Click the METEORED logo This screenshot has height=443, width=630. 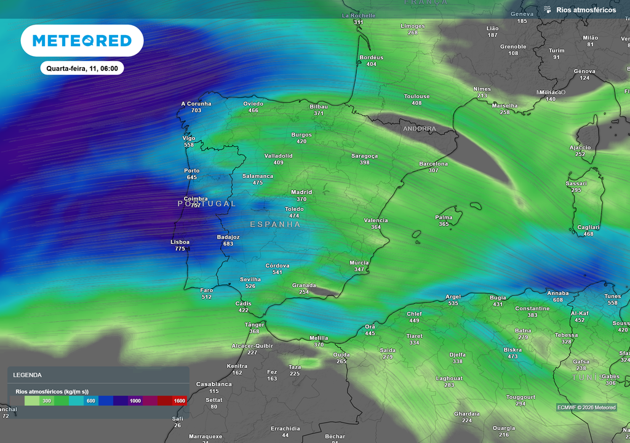(82, 41)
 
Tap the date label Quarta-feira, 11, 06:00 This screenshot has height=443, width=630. (82, 68)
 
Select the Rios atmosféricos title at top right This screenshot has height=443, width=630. (586, 10)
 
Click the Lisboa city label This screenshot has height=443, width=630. (180, 242)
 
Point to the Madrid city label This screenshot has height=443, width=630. (301, 192)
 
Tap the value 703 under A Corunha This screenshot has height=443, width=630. (196, 111)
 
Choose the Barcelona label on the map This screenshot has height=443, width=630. (433, 164)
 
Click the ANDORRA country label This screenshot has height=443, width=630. (420, 129)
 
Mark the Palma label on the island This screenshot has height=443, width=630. (444, 217)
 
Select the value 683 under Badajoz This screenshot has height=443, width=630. (228, 244)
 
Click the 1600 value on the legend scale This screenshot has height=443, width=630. (179, 401)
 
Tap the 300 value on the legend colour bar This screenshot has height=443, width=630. (46, 401)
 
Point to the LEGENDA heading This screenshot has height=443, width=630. (28, 375)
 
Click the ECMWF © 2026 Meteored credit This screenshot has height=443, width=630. (586, 407)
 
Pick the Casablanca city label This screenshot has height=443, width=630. (214, 384)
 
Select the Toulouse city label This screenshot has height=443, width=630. (417, 97)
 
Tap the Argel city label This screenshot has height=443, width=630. (453, 297)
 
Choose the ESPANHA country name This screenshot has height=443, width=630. (275, 225)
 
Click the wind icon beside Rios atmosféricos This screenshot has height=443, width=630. (547, 10)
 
